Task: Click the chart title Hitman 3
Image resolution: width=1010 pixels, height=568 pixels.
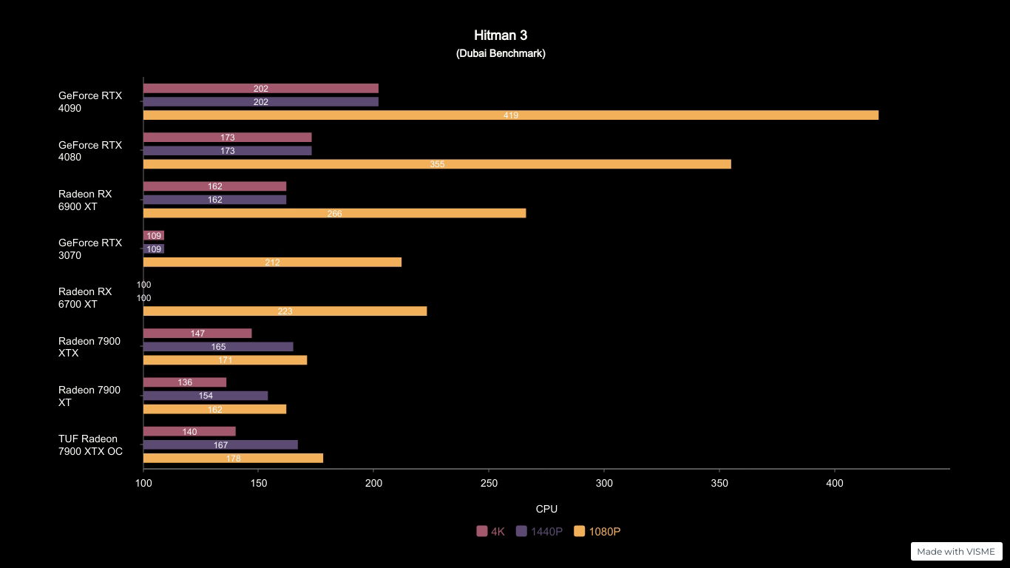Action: [501, 35]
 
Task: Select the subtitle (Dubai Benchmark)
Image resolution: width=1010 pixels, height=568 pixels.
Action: [501, 53]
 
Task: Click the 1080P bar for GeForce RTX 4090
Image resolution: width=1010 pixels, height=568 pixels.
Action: [510, 115]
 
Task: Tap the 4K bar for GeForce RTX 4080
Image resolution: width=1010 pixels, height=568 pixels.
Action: [227, 138]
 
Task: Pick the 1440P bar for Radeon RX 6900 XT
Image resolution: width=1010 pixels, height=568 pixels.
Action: [214, 200]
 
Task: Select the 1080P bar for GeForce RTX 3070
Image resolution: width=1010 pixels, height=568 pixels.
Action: [272, 263]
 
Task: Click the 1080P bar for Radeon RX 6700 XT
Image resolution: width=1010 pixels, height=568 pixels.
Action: [285, 311]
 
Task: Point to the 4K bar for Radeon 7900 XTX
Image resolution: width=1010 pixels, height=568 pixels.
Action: [197, 334]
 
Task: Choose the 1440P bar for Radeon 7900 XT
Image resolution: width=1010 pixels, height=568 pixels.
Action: [206, 396]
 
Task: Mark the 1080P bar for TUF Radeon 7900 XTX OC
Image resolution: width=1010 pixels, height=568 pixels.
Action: [233, 459]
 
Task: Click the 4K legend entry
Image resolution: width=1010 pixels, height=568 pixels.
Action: [491, 531]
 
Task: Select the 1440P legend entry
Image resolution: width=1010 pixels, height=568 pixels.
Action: [540, 531]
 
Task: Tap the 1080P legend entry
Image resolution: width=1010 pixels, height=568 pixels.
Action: [597, 531]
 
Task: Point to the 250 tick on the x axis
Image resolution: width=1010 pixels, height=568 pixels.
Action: [489, 483]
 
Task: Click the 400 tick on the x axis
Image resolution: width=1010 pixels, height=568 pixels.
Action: [834, 483]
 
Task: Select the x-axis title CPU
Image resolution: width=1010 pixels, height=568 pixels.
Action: [546, 509]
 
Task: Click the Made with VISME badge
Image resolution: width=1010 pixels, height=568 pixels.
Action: [956, 551]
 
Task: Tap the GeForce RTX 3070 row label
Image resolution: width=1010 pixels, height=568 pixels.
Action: [90, 249]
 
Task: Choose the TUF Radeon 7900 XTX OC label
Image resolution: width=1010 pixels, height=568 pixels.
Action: [90, 445]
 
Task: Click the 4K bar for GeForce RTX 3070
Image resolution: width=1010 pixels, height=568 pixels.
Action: [154, 236]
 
